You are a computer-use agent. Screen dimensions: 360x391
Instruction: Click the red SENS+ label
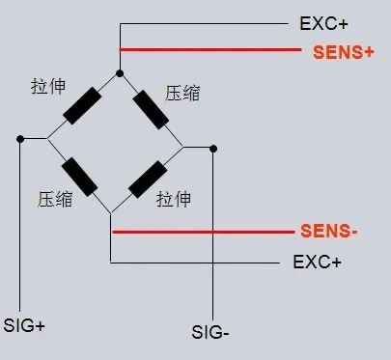(343, 52)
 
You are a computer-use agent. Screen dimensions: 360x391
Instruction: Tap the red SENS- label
(329, 232)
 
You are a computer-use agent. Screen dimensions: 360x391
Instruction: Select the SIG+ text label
(25, 324)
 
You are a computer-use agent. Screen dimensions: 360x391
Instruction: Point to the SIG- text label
(210, 333)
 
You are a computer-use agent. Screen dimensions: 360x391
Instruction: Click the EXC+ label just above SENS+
(323, 21)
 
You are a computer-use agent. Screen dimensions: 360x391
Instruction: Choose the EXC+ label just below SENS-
(316, 261)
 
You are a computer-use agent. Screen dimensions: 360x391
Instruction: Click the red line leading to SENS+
(212, 49)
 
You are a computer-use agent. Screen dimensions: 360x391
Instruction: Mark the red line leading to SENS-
(203, 232)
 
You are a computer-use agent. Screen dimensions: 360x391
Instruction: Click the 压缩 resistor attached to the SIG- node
(153, 108)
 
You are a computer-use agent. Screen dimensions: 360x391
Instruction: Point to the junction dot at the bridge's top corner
(119, 72)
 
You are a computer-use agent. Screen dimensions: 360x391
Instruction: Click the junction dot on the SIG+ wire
(20, 139)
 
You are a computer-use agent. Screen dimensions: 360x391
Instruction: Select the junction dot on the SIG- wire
(213, 148)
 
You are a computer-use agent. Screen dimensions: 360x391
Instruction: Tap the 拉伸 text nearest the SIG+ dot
(48, 87)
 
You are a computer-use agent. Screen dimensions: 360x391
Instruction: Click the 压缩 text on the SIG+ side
(53, 200)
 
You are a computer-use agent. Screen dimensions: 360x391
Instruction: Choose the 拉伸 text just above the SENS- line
(174, 200)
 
